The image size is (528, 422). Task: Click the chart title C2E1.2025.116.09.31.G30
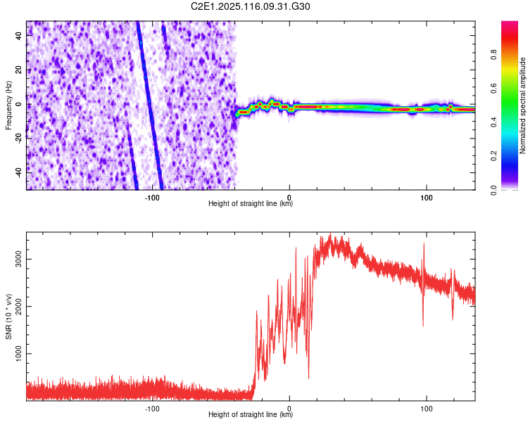click(x=251, y=6)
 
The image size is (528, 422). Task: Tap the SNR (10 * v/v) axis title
click(x=8, y=317)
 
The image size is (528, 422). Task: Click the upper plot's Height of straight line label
click(x=251, y=203)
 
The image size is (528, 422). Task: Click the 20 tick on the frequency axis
click(x=20, y=70)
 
